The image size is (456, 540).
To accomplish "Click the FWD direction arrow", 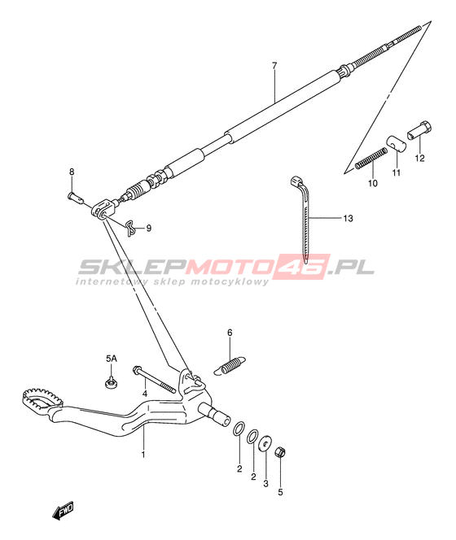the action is tap(64, 511).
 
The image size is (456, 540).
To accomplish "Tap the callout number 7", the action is tap(274, 65).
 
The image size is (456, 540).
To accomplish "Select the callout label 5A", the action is tap(111, 359).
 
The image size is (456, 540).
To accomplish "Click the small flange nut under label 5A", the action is tap(110, 382).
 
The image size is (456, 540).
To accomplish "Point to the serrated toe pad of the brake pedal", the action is tap(43, 398).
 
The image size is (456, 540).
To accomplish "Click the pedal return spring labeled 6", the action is tap(230, 365).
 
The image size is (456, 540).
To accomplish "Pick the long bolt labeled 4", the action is tap(154, 380).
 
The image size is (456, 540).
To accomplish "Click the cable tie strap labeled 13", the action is tap(304, 217).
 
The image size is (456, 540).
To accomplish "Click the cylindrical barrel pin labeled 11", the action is tap(396, 143).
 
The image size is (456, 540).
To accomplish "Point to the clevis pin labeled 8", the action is tap(76, 198).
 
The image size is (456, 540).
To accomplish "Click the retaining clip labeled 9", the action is tap(130, 228).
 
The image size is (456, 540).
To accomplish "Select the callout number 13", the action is tap(348, 218).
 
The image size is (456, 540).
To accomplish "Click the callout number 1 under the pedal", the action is tap(143, 455).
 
